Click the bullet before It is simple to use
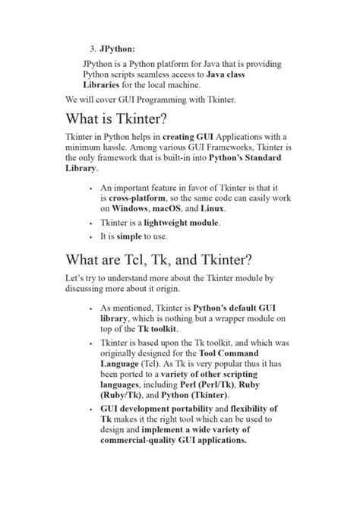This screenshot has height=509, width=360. click(x=91, y=237)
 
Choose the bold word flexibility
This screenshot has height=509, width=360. click(x=247, y=409)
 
